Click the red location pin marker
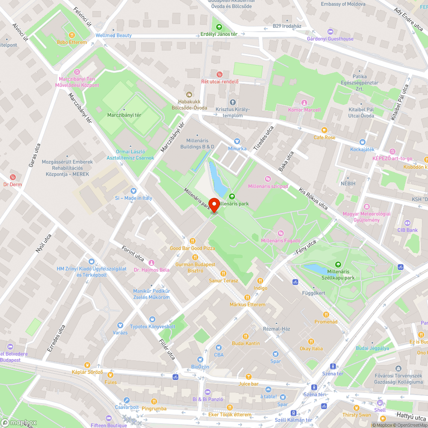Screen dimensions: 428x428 coord(214,205)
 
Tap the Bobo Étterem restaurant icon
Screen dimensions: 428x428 coord(72,35)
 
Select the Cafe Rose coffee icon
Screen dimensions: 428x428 coord(324,130)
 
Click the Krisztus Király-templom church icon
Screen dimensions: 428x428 coord(232,102)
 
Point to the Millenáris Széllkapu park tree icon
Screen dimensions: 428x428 coord(338,265)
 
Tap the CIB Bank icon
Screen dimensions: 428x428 coord(407,223)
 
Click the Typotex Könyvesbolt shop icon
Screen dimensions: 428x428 coord(152,319)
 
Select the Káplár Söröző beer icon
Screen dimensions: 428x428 coord(87,365)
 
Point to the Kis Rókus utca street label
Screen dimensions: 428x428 coord(313,198)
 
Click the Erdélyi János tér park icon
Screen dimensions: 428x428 coord(219,27)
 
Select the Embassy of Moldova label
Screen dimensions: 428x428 coord(343,4)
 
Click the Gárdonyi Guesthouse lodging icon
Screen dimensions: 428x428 coord(330,32)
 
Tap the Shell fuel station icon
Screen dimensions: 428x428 coord(380,403)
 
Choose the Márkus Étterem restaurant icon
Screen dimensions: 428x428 coord(247,297)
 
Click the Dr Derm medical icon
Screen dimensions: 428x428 coord(12,177)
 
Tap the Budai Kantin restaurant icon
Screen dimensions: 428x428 coord(246,336)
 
